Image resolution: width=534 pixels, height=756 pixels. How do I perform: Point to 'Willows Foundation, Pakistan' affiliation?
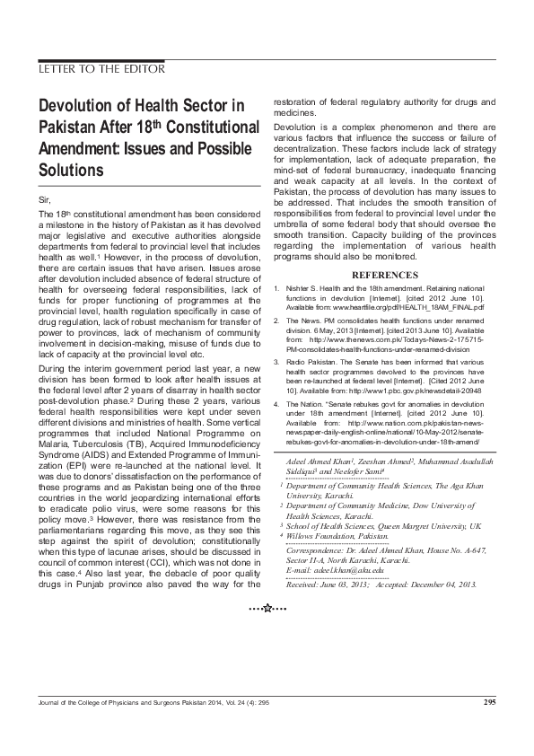pos(340,535)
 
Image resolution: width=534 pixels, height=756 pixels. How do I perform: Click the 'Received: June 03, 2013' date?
pos(324,585)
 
